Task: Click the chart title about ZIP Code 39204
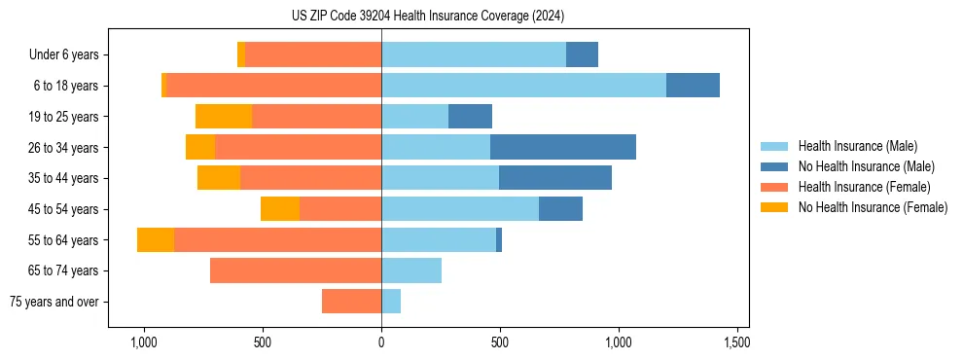coord(427,17)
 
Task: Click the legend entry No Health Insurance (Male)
coord(866,166)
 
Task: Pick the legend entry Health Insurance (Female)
coord(864,187)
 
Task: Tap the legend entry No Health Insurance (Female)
coord(873,207)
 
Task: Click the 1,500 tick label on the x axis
coord(737,343)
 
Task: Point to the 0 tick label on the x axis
coord(381,343)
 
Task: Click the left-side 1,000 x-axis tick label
coord(144,343)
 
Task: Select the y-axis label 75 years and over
coord(54,302)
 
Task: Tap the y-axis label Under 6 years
coord(70,54)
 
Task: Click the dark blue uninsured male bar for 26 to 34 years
coord(563,147)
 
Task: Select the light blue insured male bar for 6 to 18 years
coord(523,86)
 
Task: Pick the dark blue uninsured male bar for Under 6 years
coord(582,54)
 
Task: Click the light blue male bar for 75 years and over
coord(391,302)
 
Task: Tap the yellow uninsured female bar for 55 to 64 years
coord(156,240)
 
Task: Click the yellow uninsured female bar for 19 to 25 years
coord(224,117)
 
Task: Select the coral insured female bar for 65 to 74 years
coord(296,270)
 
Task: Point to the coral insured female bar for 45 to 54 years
coord(340,209)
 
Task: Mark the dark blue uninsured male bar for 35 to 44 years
coord(555,178)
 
